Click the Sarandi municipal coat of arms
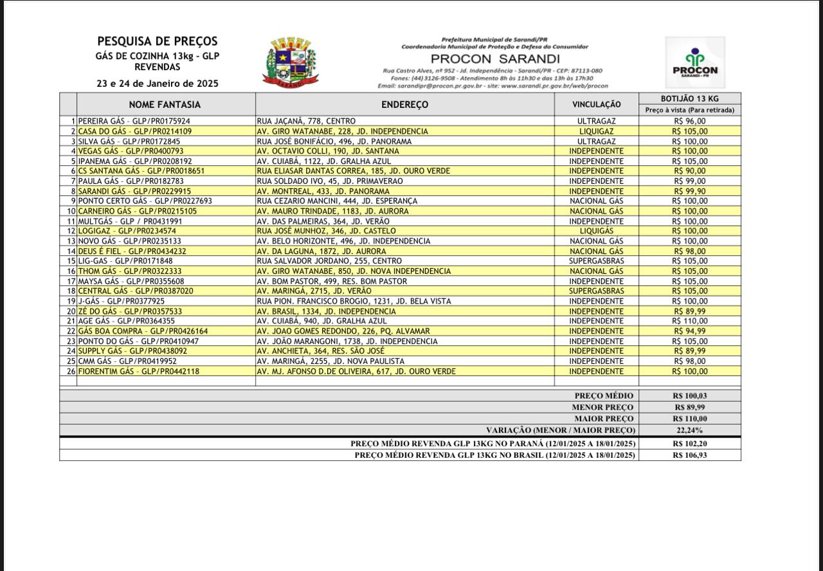point(289,62)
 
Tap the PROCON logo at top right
point(695,62)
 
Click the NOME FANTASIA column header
point(165,104)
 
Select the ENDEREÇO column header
point(404,104)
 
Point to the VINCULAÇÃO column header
point(596,104)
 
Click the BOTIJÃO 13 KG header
point(689,98)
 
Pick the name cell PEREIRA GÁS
point(134,121)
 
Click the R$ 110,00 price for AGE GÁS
point(689,321)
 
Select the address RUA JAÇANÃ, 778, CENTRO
point(305,121)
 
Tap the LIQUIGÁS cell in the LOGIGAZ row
point(596,231)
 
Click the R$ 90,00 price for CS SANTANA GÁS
point(689,171)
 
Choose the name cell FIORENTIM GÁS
point(138,371)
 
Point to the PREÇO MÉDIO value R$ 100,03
point(689,396)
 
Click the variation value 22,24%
point(689,430)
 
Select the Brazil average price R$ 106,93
point(689,455)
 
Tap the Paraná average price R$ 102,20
point(689,444)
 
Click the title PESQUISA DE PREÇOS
point(158,42)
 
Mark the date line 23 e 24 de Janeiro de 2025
point(158,84)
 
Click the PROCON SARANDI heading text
point(495,59)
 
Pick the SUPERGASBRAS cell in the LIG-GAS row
point(596,261)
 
